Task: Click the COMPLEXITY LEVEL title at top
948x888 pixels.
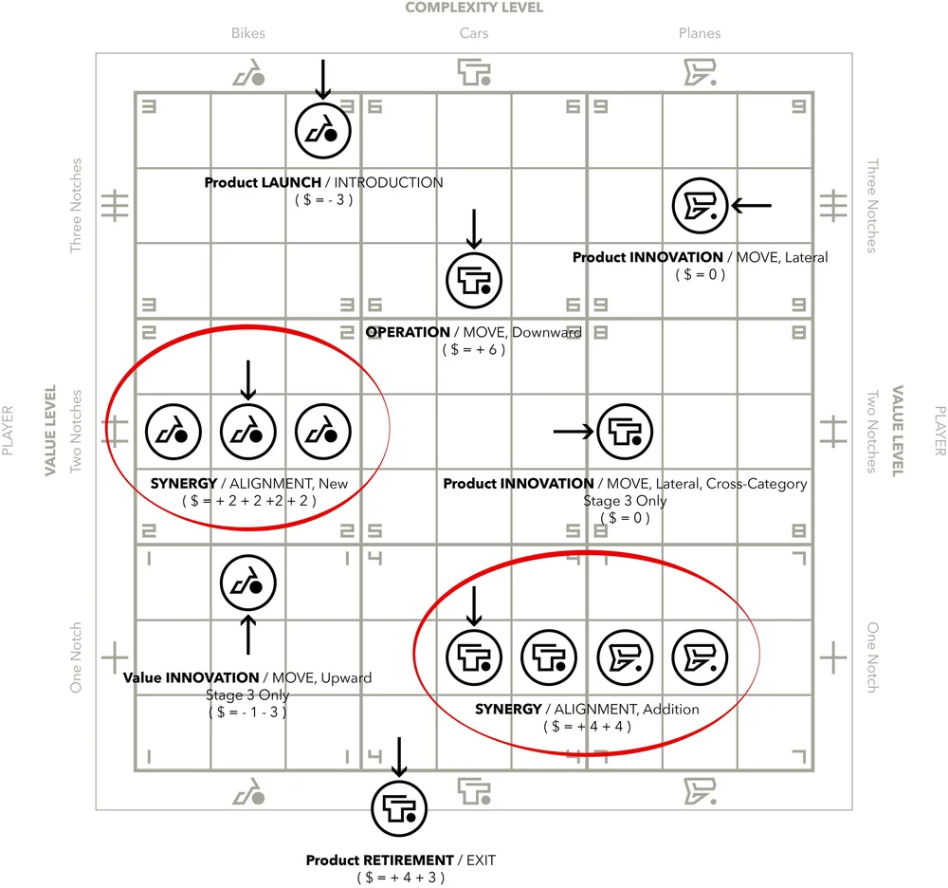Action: click(474, 9)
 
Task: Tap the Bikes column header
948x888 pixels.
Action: click(248, 33)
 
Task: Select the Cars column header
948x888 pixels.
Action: click(474, 33)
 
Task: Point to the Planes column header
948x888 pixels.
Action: click(700, 33)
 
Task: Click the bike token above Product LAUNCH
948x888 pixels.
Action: click(322, 130)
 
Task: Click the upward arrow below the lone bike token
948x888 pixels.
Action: click(248, 635)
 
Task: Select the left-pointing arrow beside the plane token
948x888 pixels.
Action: click(754, 205)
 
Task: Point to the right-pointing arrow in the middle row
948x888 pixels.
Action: click(573, 432)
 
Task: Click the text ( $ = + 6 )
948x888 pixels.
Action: click(474, 349)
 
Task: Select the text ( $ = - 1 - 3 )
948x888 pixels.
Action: click(248, 712)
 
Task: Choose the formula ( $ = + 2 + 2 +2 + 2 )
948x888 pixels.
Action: click(248, 499)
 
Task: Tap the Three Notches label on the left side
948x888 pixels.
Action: click(77, 205)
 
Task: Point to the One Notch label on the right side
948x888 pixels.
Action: click(872, 657)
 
